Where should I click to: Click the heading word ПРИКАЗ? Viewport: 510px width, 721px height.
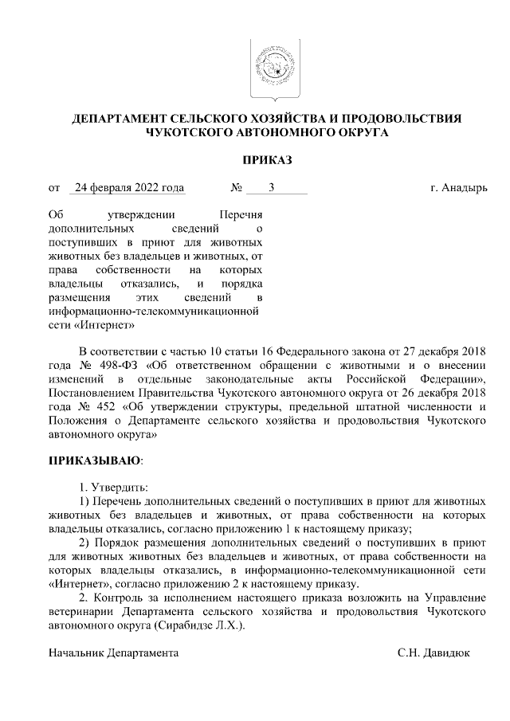tap(267, 161)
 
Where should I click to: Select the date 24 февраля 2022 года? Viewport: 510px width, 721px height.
tap(127, 188)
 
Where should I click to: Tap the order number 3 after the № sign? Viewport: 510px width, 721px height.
tap(273, 188)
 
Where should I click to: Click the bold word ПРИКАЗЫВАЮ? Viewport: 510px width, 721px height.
tap(95, 460)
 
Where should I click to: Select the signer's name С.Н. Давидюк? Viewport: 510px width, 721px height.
tap(434, 652)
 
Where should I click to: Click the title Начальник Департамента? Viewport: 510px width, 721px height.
tap(113, 652)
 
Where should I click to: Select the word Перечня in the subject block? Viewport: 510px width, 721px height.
tap(242, 216)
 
